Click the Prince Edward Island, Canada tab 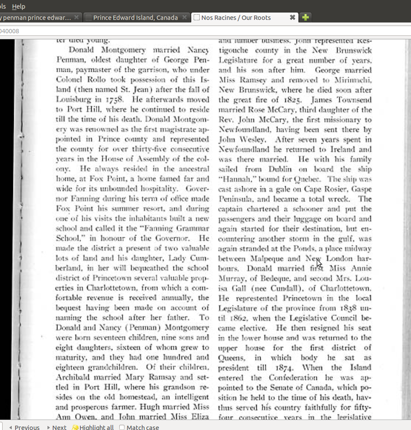click(135, 18)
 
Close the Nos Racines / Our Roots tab click(293, 18)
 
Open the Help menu click(19, 6)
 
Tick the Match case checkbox click(122, 427)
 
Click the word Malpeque click(267, 258)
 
